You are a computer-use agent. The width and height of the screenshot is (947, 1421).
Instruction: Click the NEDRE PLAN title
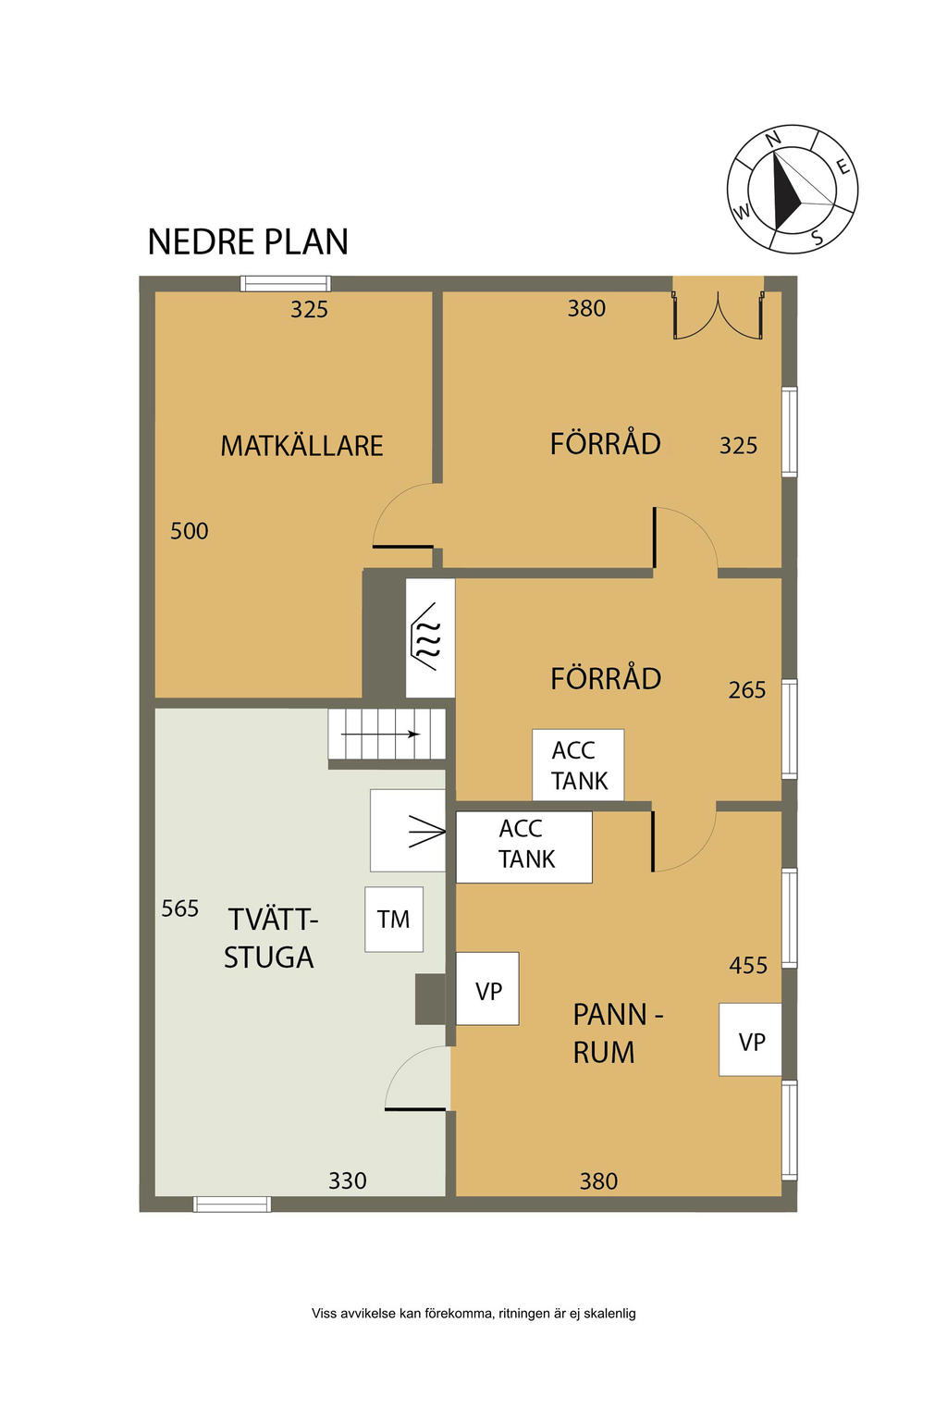coord(247,241)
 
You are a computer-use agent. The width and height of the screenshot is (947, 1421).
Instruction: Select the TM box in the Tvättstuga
coord(393,920)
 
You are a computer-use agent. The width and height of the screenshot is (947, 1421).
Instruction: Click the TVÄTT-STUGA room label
coord(271,938)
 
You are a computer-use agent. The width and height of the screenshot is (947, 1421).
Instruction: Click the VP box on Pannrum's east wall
coord(750,1040)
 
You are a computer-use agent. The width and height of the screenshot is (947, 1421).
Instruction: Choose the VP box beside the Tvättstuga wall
coord(487,988)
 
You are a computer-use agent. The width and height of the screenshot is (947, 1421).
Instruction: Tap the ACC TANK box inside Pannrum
coord(524,846)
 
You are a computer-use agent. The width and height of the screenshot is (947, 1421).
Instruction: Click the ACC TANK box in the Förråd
coord(578,764)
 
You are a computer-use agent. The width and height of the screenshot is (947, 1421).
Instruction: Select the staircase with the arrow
coord(387,734)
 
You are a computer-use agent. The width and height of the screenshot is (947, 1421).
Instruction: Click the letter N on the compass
coord(773,139)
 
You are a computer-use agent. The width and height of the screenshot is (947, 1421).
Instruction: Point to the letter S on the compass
coord(817,237)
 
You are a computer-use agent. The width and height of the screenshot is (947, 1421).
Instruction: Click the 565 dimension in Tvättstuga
coord(179,908)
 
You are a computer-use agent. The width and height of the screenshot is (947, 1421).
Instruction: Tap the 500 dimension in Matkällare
coord(189,531)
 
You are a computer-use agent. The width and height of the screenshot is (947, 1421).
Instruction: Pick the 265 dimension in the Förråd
coord(746,690)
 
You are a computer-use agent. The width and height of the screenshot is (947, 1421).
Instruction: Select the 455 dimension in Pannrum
coord(748,966)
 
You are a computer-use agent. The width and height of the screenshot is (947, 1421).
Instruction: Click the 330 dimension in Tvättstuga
coord(348,1180)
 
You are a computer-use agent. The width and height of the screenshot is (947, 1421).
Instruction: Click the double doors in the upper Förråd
coord(718,315)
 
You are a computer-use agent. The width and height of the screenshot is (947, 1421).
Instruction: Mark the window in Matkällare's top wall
coord(286,284)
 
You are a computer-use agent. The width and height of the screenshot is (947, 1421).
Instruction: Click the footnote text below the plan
coord(473,1313)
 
